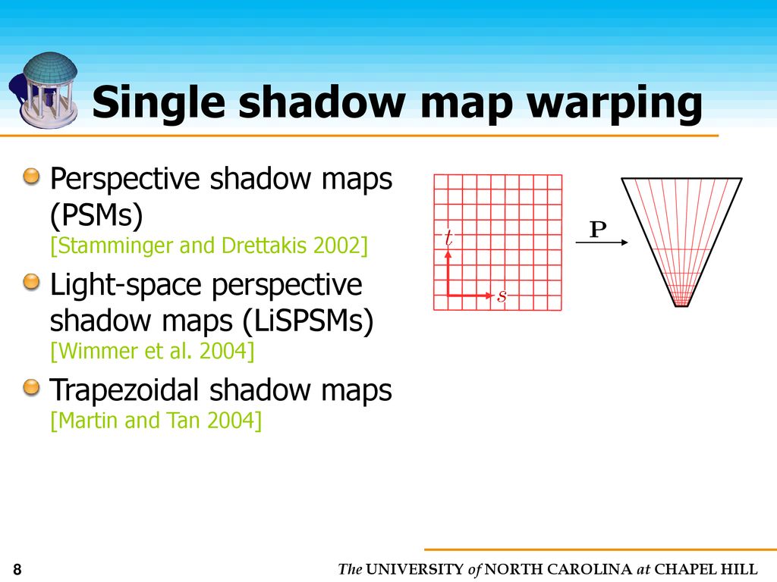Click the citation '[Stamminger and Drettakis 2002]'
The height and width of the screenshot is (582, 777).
209,247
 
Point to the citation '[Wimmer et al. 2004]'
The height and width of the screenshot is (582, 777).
152,352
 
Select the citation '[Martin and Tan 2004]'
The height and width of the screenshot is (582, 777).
156,420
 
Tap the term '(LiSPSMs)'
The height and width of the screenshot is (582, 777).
309,321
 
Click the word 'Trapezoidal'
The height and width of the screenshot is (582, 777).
125,390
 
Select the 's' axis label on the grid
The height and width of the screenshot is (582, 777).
502,296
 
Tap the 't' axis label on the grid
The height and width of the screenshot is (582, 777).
448,238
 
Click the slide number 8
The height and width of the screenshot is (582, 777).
17,570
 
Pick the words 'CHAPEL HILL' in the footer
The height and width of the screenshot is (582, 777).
706,570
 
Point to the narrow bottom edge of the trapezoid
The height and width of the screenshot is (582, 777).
681,305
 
